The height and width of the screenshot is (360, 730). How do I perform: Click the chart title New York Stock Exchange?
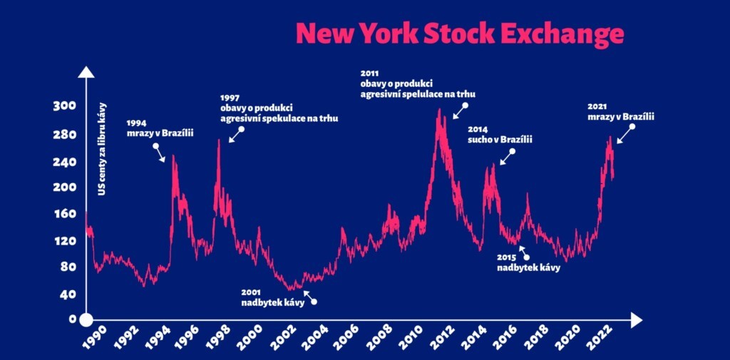459,33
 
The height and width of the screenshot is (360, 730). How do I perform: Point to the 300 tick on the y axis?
63,106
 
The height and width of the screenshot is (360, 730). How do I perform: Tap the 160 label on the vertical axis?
63,214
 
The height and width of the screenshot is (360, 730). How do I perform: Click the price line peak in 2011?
439,110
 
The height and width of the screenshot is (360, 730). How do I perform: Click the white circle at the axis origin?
86,320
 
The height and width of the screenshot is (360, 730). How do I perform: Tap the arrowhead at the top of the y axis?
86,71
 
